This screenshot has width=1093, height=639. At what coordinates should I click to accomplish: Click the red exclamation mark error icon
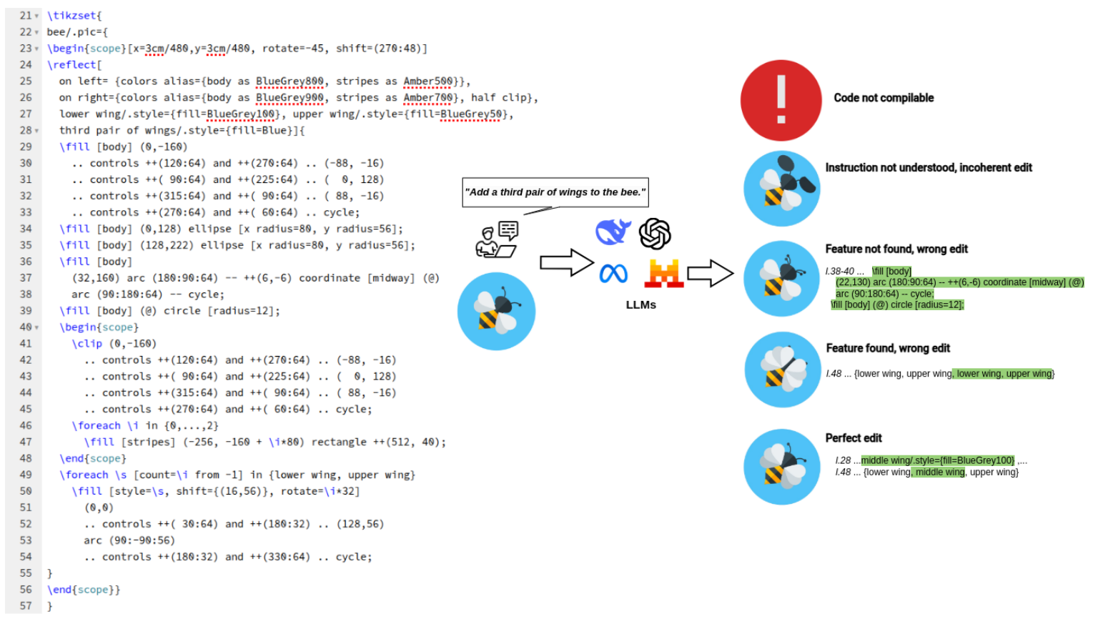(781, 100)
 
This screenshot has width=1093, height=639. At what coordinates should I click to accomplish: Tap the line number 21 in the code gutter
(26, 16)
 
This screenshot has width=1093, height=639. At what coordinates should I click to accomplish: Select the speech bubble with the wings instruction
(555, 192)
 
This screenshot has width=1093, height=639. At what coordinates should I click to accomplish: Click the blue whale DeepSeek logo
(613, 232)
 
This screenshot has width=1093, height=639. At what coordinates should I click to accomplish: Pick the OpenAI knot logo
(655, 234)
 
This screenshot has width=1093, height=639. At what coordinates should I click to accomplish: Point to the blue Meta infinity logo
(613, 273)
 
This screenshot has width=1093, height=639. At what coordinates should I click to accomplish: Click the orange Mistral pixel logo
(663, 273)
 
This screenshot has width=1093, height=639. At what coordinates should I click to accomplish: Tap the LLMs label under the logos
(641, 304)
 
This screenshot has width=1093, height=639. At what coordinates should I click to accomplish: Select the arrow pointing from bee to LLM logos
(566, 262)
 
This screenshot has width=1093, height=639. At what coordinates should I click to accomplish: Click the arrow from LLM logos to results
(710, 272)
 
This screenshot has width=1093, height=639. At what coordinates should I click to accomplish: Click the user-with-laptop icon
(497, 239)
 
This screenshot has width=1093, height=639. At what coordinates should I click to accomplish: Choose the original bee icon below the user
(496, 312)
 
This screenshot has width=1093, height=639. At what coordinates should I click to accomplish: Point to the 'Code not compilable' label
(884, 98)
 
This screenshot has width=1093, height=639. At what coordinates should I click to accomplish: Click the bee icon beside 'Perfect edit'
(781, 467)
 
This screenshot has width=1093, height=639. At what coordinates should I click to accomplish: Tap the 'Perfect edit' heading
(854, 438)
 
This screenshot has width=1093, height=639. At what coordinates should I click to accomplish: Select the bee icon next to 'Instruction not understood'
(781, 189)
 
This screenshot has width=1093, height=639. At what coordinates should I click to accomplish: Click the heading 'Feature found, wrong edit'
(888, 348)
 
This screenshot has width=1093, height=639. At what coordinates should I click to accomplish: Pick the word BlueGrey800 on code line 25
(290, 81)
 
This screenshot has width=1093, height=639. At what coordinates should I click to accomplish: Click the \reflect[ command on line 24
(74, 65)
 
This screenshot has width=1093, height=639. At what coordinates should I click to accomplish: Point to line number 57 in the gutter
(26, 606)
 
